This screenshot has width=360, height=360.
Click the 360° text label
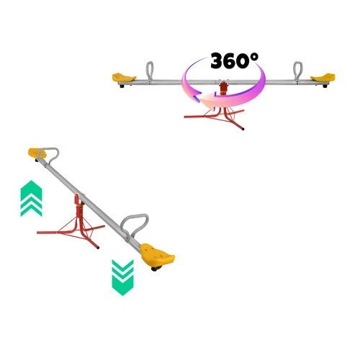235,60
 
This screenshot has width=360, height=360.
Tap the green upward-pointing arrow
32,199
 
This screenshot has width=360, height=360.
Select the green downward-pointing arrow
122,278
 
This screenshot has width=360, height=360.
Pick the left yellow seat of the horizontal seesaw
123,78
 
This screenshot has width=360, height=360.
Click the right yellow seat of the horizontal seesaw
323,78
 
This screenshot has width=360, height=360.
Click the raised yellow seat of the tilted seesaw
37,153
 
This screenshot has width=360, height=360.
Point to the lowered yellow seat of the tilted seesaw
156,256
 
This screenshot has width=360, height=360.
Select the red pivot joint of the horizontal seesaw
224,87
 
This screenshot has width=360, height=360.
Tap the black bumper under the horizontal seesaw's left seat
122,86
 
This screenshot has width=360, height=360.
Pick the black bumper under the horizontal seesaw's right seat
325,86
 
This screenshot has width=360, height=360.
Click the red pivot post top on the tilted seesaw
77,199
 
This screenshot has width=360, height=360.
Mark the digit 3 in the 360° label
218,61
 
